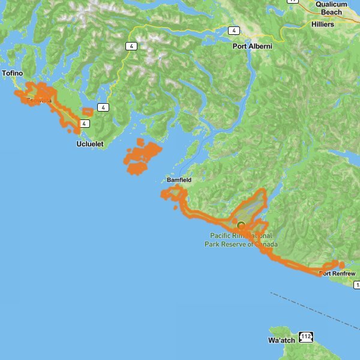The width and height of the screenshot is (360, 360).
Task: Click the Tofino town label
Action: pyautogui.click(x=12, y=73)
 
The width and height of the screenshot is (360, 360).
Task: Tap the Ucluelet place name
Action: pyautogui.click(x=90, y=145)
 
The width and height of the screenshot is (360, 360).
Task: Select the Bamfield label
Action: pyautogui.click(x=179, y=180)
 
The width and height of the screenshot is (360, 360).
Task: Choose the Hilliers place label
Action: pyautogui.click(x=327, y=25)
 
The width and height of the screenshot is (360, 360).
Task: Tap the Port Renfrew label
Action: pyautogui.click(x=337, y=274)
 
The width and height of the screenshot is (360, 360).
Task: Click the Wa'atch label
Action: pyautogui.click(x=281, y=340)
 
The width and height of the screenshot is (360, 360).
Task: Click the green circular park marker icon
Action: pyautogui.click(x=241, y=226)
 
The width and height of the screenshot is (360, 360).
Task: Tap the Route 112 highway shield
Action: pyautogui.click(x=307, y=337)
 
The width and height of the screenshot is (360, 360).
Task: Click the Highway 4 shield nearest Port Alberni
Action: pyautogui.click(x=233, y=30)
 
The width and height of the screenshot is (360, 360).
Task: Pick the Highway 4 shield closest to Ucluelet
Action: pyautogui.click(x=85, y=124)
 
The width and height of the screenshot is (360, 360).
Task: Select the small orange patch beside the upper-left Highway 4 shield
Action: pyautogui.click(x=88, y=112)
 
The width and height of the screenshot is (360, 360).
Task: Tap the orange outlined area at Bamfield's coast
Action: pyautogui.click(x=173, y=193)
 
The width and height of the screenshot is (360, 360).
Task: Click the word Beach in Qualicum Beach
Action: pyautogui.click(x=332, y=11)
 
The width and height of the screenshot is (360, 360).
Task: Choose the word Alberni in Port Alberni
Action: pyautogui.click(x=260, y=46)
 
